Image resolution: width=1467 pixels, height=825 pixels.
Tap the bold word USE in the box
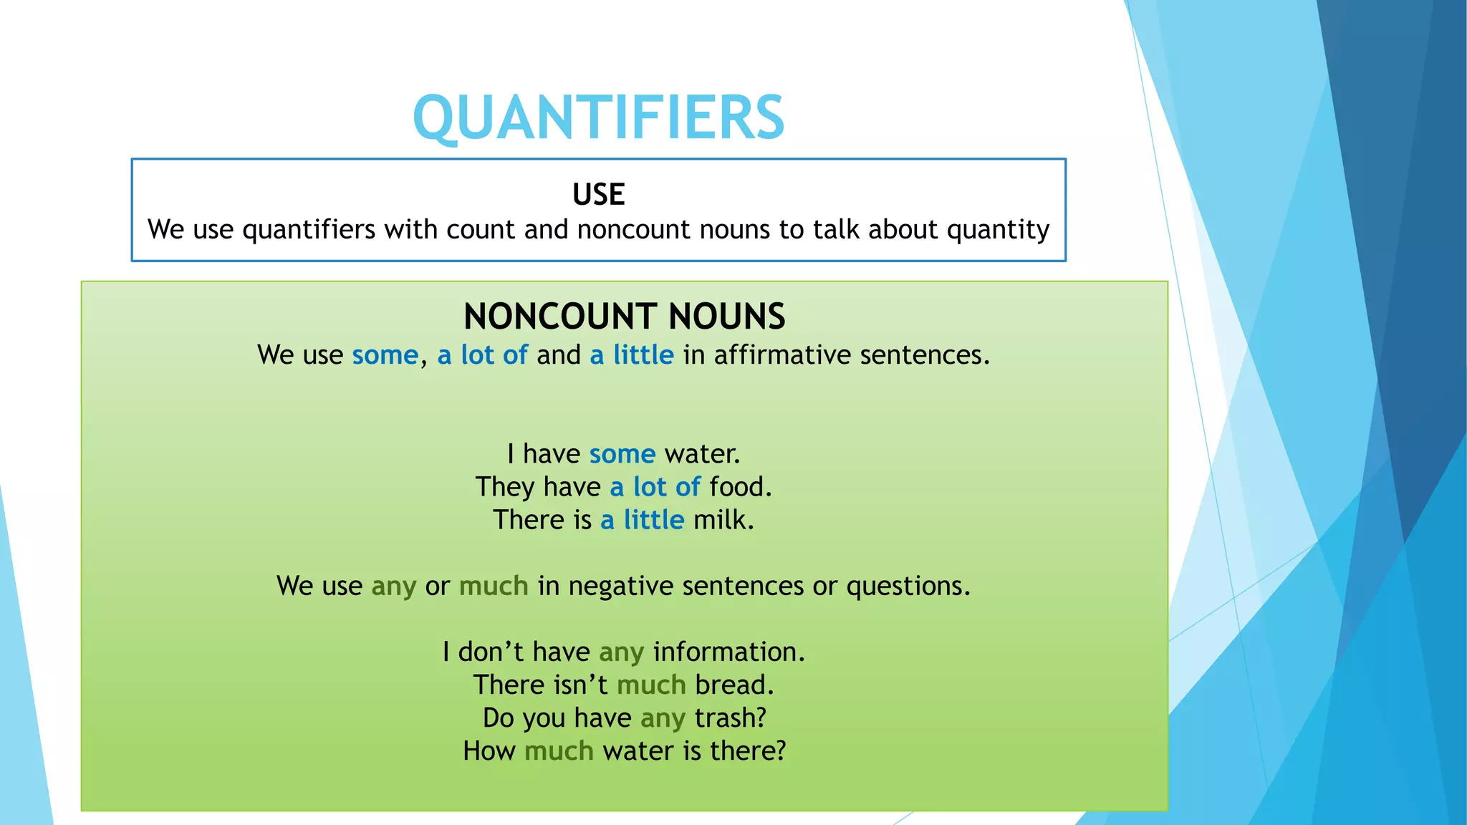[x=599, y=195]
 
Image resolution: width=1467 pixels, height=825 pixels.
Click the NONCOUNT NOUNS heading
[x=624, y=317]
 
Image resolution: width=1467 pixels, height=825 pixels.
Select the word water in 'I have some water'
[x=701, y=454]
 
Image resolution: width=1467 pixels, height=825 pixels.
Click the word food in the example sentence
[x=740, y=487]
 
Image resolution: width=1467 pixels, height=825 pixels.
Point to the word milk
[x=723, y=520]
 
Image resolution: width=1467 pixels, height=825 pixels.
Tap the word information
[x=728, y=652]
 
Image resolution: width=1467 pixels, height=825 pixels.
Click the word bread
[x=733, y=685]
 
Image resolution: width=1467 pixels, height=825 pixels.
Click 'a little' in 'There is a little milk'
[x=643, y=520]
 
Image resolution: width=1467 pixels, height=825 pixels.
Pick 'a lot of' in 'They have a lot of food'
[x=655, y=487]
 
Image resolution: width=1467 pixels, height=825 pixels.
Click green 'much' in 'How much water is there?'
[x=559, y=751]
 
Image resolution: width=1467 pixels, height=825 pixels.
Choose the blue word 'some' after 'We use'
[x=385, y=355]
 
